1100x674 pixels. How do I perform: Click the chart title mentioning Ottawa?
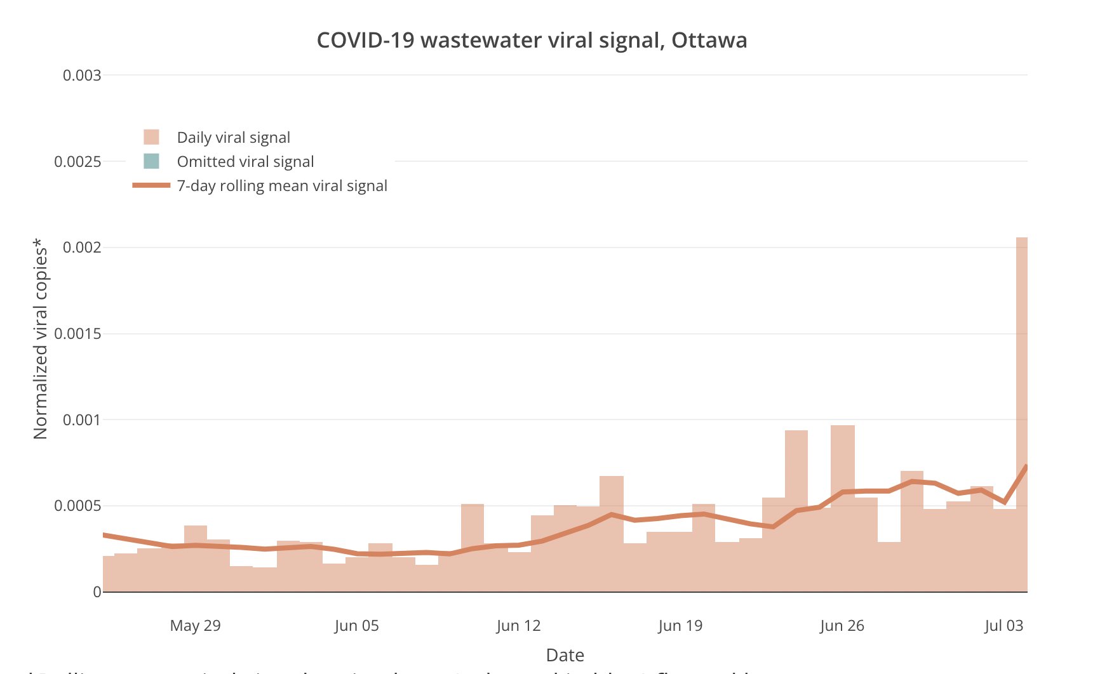click(532, 40)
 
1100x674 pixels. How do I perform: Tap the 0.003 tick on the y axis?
click(82, 76)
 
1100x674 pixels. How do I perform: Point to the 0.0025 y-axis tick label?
click(77, 162)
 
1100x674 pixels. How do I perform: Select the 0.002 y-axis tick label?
click(82, 248)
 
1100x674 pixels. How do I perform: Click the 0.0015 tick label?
click(77, 334)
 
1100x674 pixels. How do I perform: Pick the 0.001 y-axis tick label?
click(82, 420)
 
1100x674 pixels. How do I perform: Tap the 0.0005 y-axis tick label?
click(77, 506)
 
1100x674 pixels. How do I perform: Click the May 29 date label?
click(195, 626)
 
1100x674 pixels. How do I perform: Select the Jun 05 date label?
click(356, 626)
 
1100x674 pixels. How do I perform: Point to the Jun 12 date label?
click(518, 626)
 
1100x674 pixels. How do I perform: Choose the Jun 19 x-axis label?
click(680, 626)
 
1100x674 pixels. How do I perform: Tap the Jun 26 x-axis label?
click(842, 626)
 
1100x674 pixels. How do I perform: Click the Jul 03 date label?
click(1003, 626)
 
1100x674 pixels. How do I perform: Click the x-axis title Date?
click(565, 655)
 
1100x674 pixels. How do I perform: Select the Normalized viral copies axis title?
click(41, 339)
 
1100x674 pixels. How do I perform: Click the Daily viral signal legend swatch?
click(151, 137)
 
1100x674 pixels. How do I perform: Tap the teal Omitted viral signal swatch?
click(151, 161)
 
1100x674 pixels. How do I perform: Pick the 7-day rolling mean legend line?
click(151, 185)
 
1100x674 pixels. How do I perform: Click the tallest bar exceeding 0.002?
click(1021, 413)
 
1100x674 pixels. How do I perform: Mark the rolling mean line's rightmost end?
click(1026, 466)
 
